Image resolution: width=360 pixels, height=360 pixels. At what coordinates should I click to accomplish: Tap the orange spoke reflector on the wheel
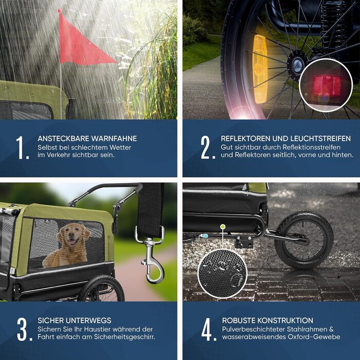coord(260,69)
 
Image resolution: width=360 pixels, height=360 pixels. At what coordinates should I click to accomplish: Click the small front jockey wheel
coord(304,240)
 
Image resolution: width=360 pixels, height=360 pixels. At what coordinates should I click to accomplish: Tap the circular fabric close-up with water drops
coord(222,274)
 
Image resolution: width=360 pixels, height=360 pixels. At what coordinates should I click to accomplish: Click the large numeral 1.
coord(22,148)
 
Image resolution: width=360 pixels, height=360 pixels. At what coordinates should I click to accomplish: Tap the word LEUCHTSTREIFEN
coord(320,138)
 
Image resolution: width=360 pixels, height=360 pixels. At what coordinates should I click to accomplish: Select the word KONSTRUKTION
coord(287,320)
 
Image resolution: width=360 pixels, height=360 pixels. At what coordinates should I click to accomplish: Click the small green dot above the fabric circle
coord(223,227)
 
